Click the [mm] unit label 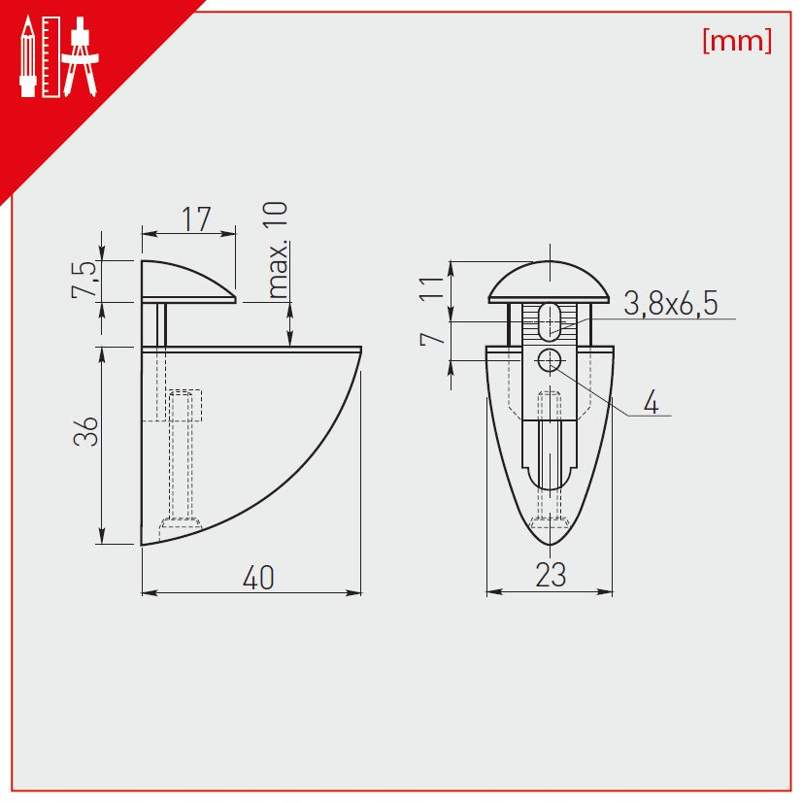click(x=737, y=41)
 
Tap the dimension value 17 click(x=197, y=219)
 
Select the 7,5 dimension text click(x=84, y=279)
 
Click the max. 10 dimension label click(x=278, y=250)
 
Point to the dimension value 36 click(x=85, y=431)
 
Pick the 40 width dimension click(x=258, y=578)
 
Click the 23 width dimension click(x=552, y=575)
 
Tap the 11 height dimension click(x=431, y=287)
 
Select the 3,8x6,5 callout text click(x=671, y=303)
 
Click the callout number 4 click(x=651, y=402)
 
